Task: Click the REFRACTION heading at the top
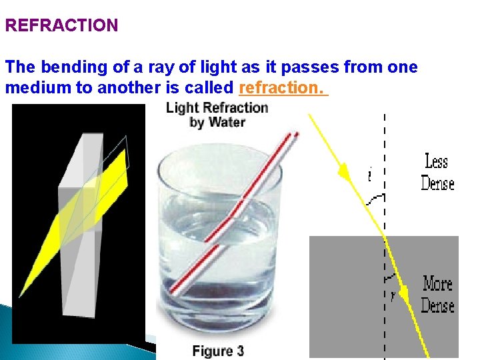61,26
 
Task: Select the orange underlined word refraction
283,88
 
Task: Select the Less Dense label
437,172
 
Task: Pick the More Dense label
437,294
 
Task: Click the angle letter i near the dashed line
369,175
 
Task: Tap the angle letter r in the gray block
392,296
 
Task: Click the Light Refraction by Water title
217,114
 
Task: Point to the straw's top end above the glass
293,135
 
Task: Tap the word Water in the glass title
227,122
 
